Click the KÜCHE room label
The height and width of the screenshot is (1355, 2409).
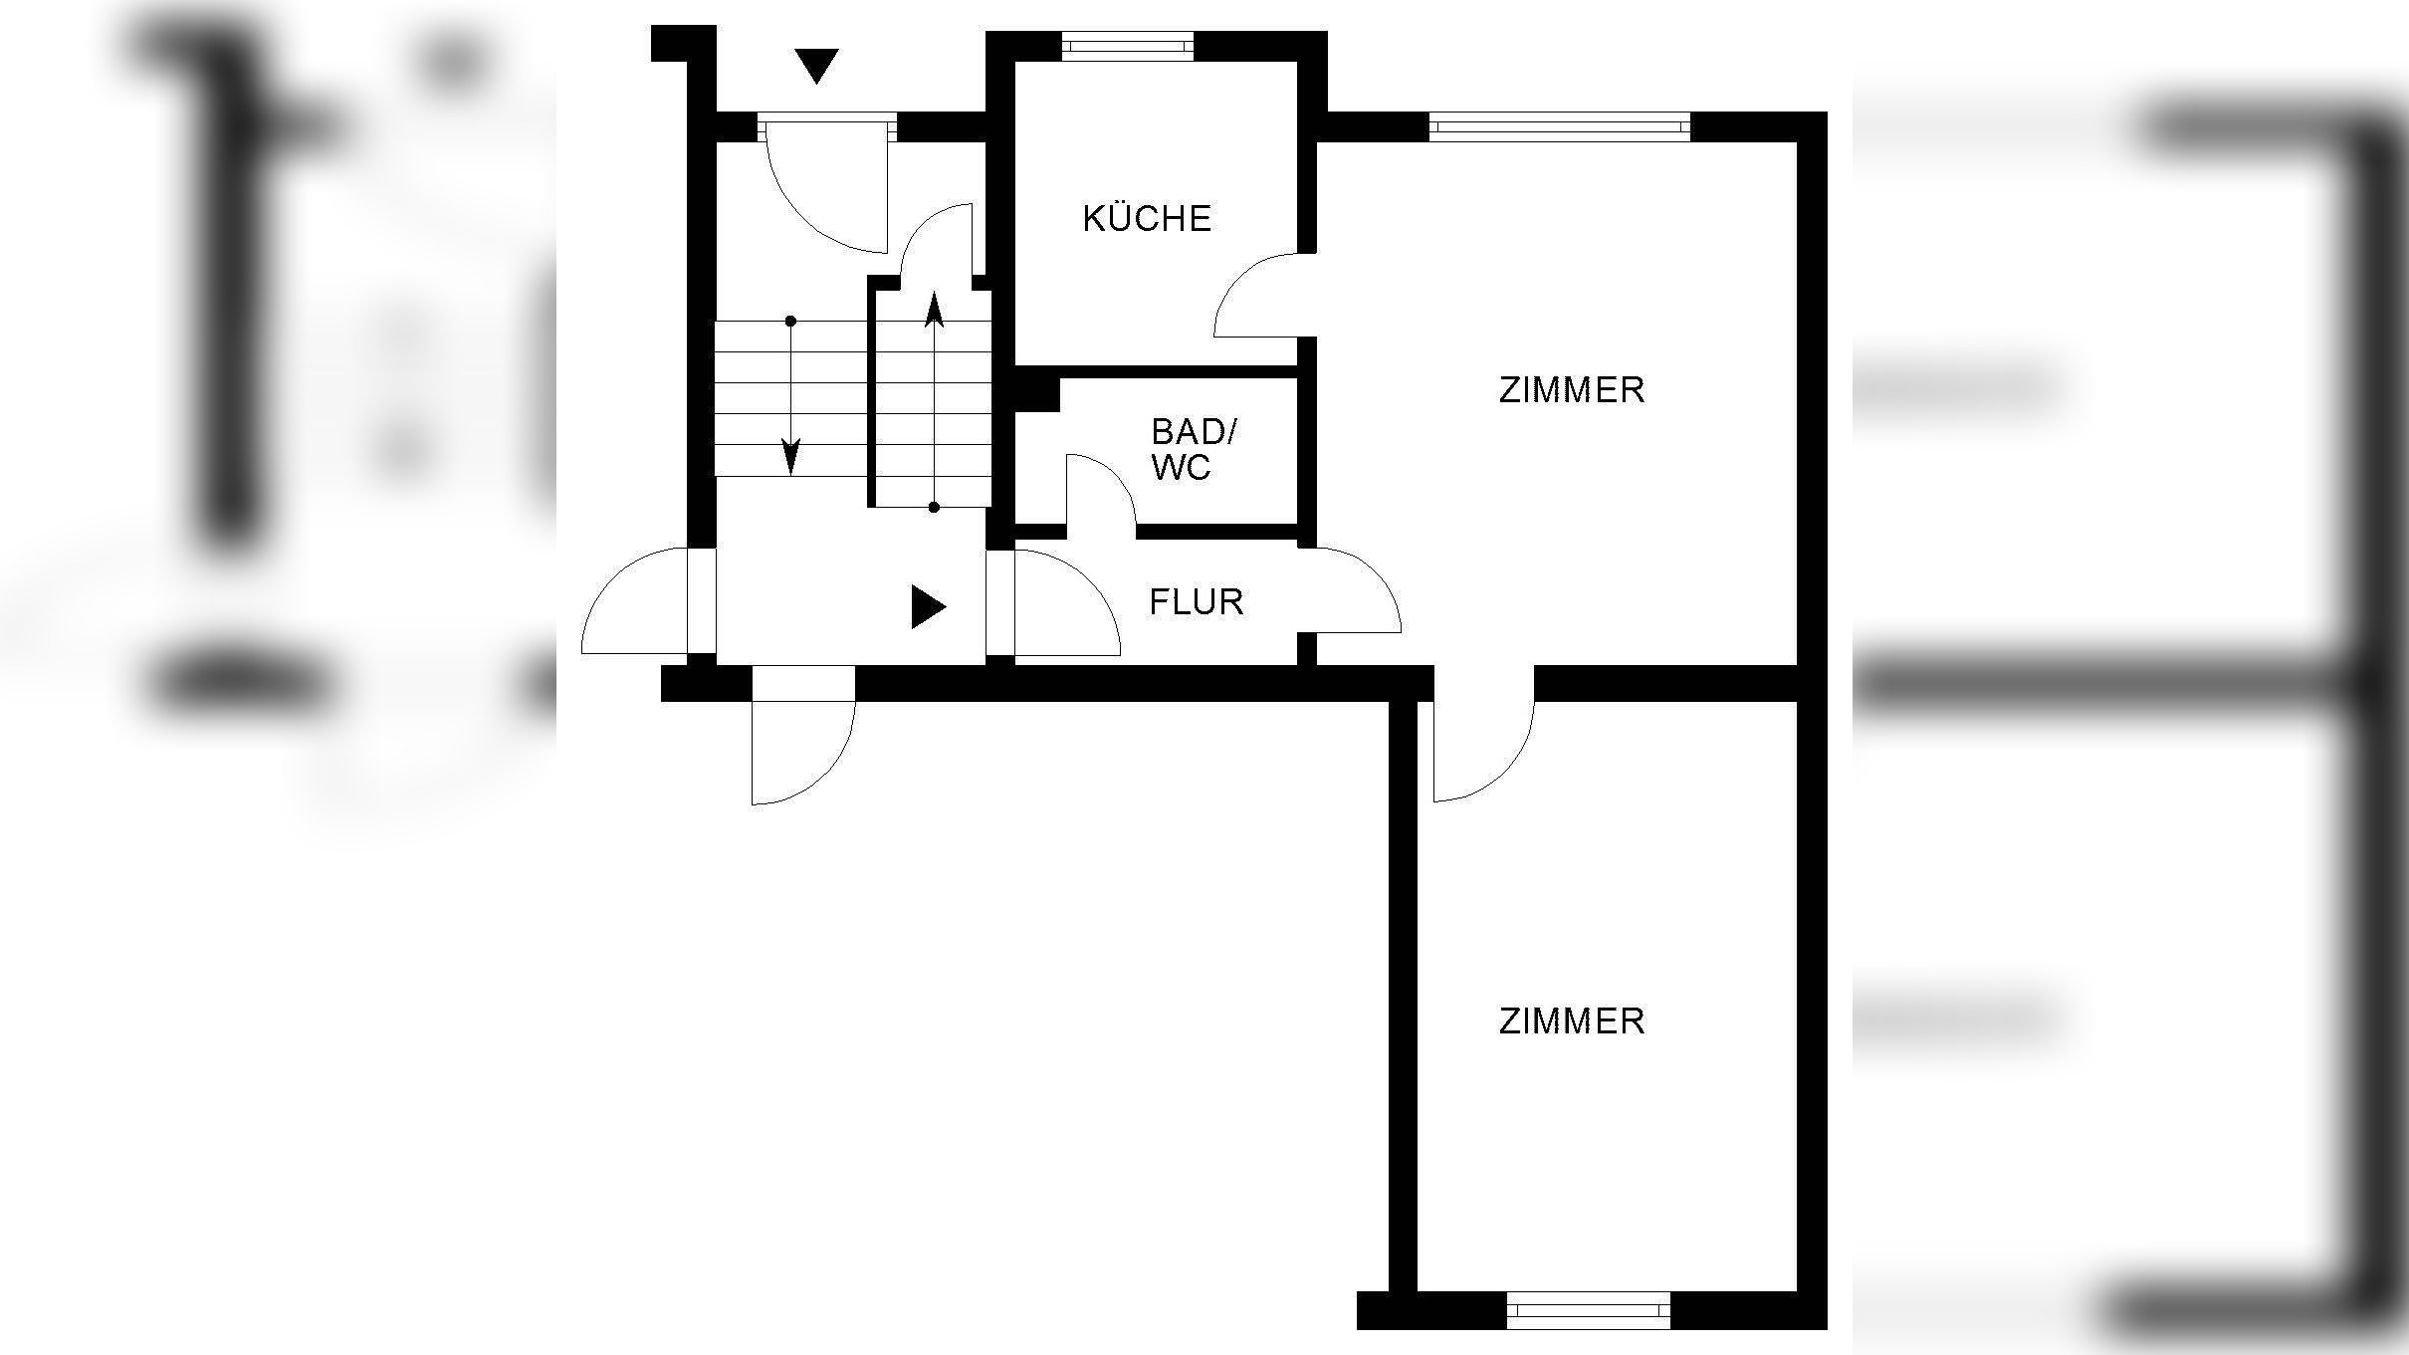[1147, 219]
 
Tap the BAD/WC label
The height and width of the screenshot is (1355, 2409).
[1193, 449]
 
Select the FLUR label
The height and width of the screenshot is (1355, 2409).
[1196, 602]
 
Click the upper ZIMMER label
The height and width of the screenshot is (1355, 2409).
[1571, 390]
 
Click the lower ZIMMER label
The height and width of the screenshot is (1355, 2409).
[1571, 1021]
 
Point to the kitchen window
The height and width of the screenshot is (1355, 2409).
[1127, 45]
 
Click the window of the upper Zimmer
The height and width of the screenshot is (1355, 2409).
[1559, 126]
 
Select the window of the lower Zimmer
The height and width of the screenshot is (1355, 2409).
[1588, 1310]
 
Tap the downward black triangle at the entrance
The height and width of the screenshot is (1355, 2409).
[817, 66]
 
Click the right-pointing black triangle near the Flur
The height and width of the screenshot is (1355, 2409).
[927, 606]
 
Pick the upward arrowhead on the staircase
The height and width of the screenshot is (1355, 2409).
[934, 310]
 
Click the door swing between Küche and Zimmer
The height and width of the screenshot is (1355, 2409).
[1256, 296]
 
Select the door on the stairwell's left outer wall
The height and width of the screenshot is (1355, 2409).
[637, 602]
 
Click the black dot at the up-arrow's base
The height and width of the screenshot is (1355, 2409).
[934, 507]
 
